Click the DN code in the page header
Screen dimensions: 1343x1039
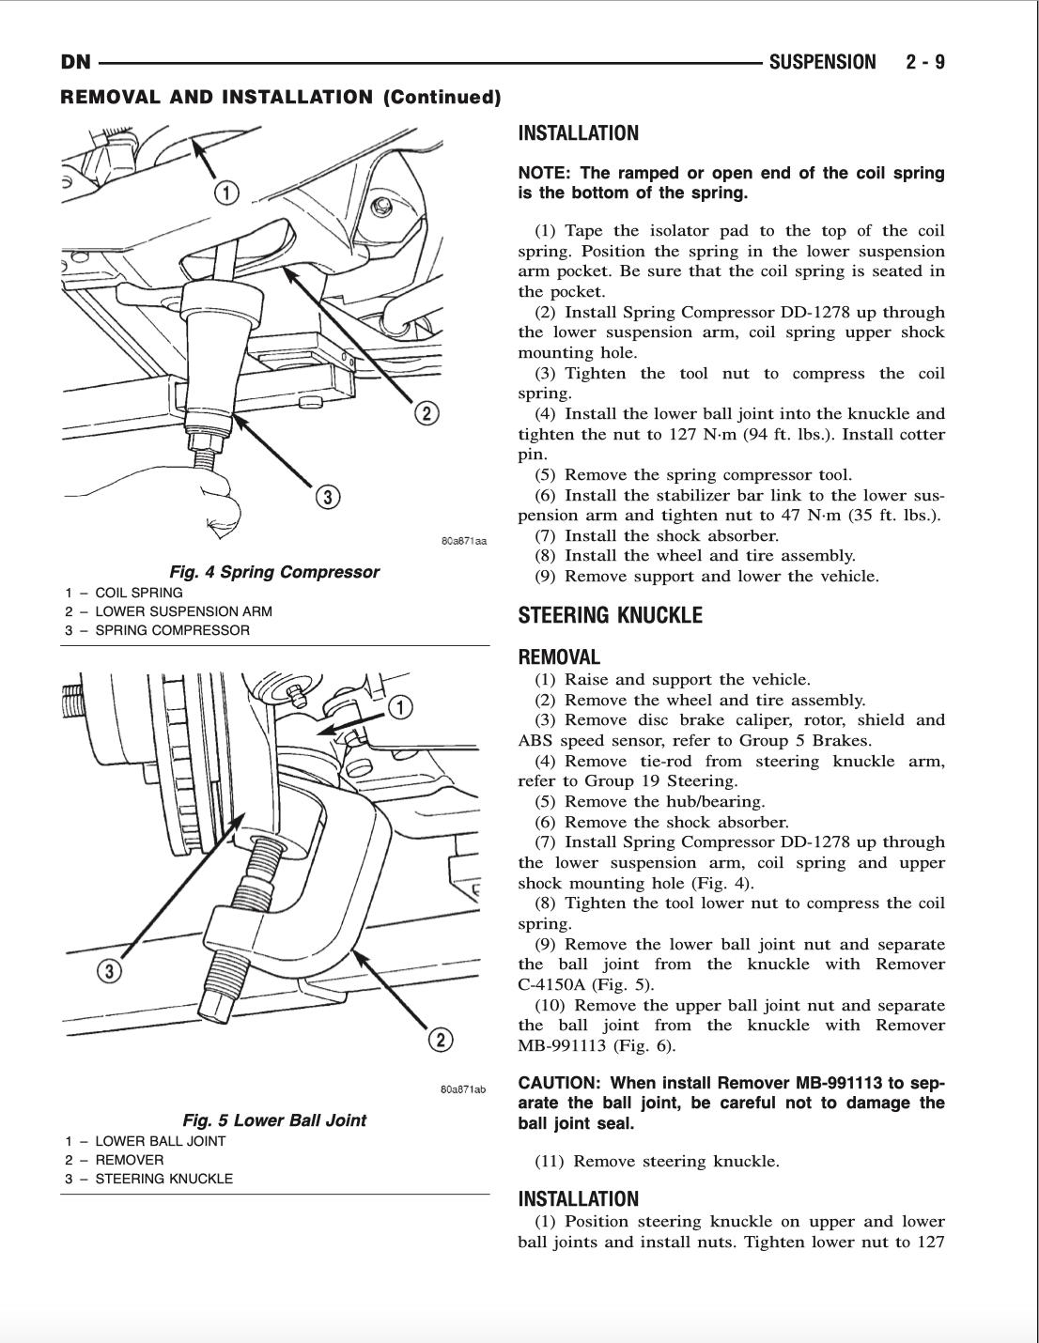click(x=75, y=63)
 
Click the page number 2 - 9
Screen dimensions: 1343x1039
click(x=925, y=63)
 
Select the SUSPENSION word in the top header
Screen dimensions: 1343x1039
click(x=822, y=63)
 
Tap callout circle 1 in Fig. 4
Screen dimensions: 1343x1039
click(x=226, y=193)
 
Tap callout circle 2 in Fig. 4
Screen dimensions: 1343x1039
click(x=426, y=413)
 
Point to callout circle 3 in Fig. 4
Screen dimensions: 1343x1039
click(x=326, y=497)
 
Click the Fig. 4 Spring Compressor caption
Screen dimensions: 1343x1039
click(x=274, y=572)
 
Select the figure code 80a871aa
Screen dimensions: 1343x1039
click(x=463, y=541)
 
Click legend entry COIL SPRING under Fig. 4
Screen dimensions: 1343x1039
click(x=138, y=593)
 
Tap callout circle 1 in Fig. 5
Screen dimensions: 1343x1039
click(x=400, y=707)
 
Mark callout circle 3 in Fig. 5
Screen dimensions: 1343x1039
click(x=109, y=971)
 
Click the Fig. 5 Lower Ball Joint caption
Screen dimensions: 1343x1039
click(x=274, y=1120)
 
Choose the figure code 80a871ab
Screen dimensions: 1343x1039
click(x=463, y=1089)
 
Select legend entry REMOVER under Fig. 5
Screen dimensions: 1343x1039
click(x=129, y=1160)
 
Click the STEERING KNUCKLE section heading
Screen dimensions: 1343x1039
click(x=610, y=616)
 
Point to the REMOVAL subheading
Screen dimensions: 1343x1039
click(x=559, y=657)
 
